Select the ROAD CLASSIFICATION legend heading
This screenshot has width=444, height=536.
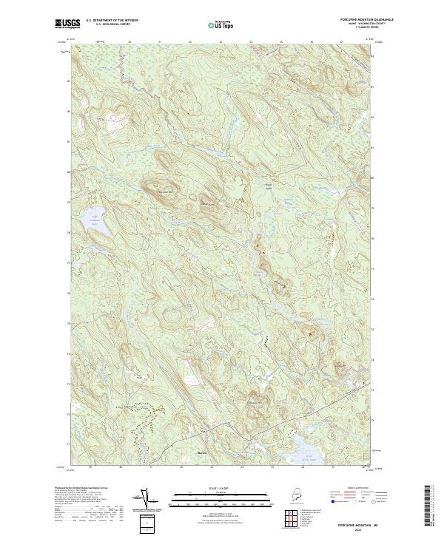point(346,489)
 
